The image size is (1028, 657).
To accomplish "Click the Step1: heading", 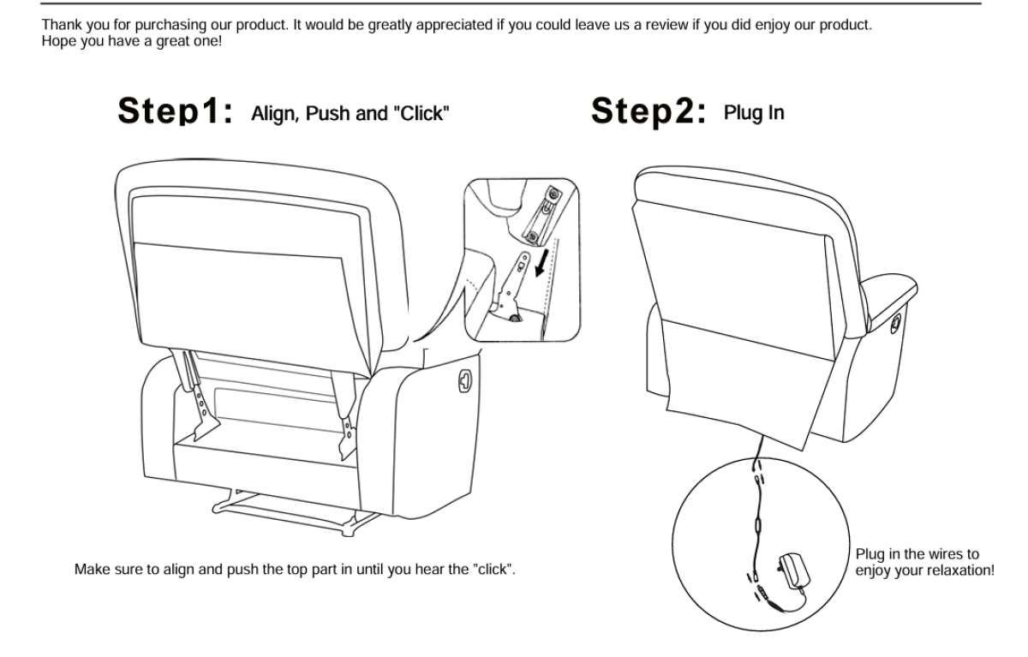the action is [x=176, y=110].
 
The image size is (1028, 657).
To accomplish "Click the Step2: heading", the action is [x=648, y=110].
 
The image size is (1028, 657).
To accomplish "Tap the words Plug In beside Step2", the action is [x=754, y=113].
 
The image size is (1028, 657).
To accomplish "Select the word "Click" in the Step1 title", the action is [x=421, y=113].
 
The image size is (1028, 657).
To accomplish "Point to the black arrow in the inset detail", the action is [x=542, y=262].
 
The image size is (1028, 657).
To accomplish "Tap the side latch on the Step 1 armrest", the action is [x=465, y=381].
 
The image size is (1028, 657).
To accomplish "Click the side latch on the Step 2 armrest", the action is [x=896, y=324].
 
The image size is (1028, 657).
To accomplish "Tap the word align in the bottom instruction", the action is [x=179, y=570].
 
